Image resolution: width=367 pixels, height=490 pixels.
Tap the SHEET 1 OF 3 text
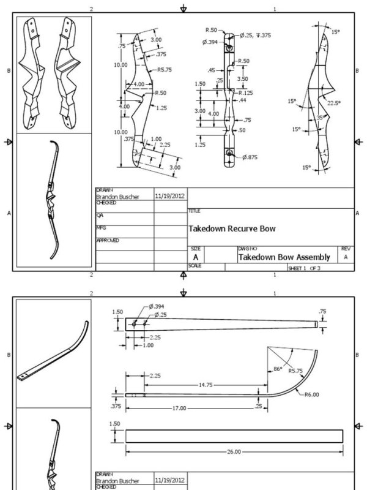click(303, 268)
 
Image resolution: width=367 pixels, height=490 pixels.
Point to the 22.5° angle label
click(334, 103)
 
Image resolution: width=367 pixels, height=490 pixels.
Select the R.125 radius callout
click(245, 91)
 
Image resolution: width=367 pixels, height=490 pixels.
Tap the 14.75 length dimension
click(205, 383)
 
